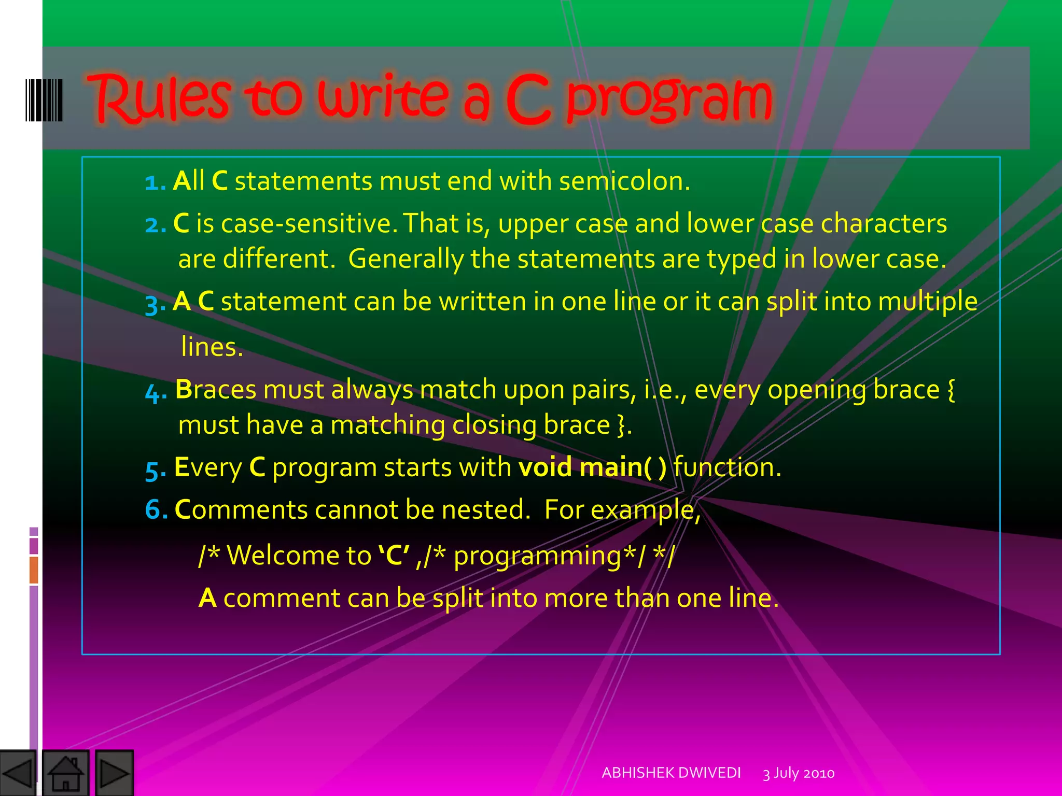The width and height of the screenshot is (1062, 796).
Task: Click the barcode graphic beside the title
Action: coord(44,100)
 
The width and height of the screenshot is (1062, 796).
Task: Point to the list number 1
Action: coord(154,182)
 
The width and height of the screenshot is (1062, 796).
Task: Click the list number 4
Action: coord(155,392)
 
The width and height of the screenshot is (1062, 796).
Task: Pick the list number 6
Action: coord(155,510)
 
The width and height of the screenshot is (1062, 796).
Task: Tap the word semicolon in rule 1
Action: coord(624,181)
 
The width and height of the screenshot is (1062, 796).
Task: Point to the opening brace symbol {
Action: coord(951,390)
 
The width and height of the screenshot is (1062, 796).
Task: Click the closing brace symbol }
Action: coord(621,425)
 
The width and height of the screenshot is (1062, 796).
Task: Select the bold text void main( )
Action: coord(593,467)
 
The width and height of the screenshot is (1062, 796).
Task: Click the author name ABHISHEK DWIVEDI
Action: coord(671,773)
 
